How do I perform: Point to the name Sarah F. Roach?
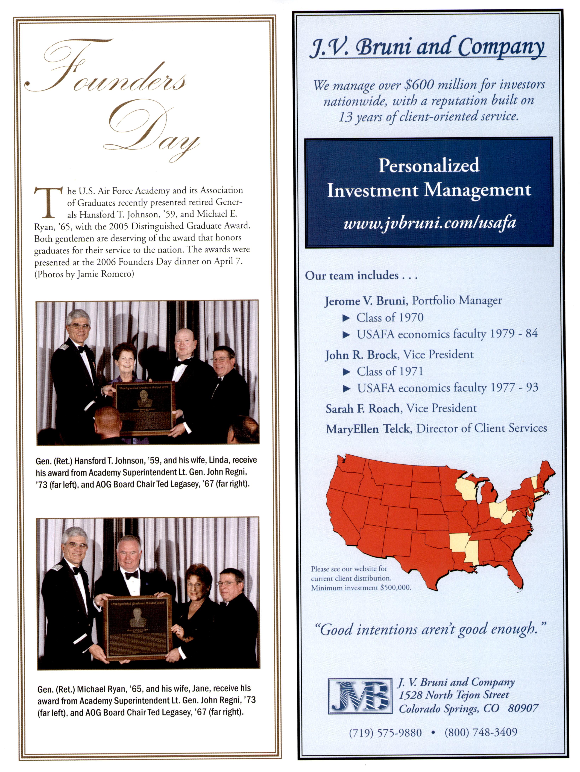362,408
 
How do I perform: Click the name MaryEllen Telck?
367,429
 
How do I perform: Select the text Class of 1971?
390,371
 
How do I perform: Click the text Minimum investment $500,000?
361,588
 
